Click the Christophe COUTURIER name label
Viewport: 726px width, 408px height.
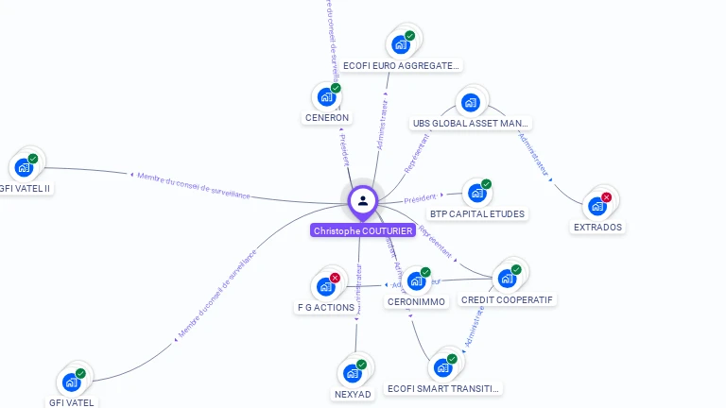click(362, 230)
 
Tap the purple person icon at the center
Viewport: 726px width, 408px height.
click(362, 200)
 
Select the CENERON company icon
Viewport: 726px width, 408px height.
click(325, 97)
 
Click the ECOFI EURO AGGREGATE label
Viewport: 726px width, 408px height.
click(401, 66)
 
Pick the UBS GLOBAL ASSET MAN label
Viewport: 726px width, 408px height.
click(471, 124)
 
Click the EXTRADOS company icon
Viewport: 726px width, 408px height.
click(596, 206)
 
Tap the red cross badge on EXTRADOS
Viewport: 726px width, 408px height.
click(607, 197)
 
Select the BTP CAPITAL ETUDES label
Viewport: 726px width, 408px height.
click(476, 213)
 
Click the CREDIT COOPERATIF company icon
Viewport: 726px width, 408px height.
click(507, 279)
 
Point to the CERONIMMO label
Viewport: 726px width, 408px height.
click(416, 302)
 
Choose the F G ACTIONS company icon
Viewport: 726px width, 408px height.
click(325, 286)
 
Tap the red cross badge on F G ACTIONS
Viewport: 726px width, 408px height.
click(335, 278)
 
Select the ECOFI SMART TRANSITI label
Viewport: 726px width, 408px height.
click(444, 389)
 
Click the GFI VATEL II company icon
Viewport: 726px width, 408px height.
click(23, 167)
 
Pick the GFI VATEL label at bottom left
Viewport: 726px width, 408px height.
click(72, 402)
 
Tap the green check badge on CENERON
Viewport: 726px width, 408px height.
click(336, 88)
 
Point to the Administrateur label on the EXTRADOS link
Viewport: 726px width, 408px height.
click(534, 155)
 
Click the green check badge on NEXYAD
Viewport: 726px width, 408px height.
click(361, 364)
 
